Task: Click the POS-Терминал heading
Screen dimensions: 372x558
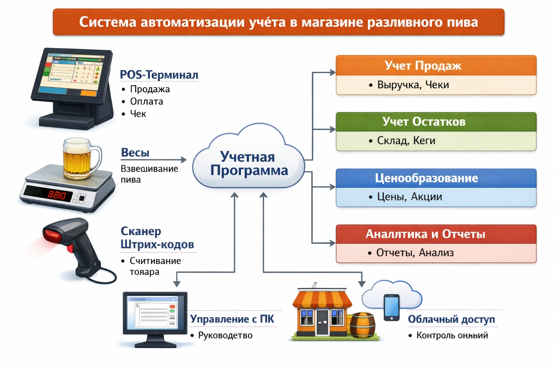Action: [x=159, y=75]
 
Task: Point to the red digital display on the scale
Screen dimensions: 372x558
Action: [x=57, y=195]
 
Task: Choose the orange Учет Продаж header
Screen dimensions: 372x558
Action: [x=436, y=66]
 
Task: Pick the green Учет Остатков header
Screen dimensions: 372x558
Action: [x=436, y=122]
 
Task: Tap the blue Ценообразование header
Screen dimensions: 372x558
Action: [x=436, y=178]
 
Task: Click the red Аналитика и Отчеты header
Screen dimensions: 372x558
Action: [x=436, y=234]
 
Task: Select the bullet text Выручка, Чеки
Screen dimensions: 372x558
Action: [x=413, y=85]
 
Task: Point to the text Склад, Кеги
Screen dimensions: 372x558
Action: [x=406, y=141]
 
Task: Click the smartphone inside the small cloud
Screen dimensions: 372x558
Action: [x=392, y=307]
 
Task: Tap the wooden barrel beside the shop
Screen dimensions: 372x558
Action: [x=362, y=325]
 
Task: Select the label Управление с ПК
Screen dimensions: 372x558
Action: [x=232, y=319]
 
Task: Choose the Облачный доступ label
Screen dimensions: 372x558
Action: [x=451, y=319]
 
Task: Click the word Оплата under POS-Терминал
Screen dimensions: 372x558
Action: [x=146, y=102]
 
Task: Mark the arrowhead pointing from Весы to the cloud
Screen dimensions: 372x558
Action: [x=184, y=159]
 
